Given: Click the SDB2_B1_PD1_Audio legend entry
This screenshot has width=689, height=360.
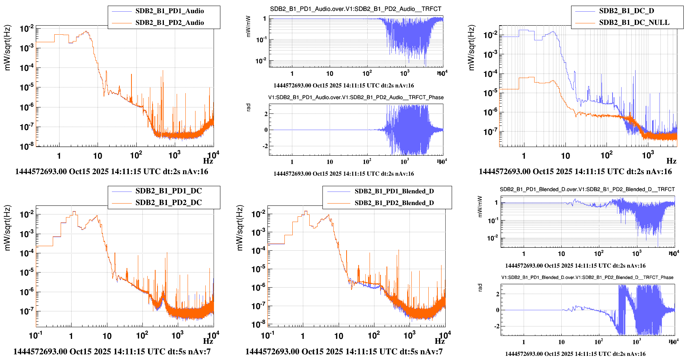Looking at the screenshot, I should [170, 11].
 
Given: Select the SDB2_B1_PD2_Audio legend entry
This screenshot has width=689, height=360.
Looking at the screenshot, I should [170, 23].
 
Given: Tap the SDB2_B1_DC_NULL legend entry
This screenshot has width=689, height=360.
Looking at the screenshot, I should [634, 23].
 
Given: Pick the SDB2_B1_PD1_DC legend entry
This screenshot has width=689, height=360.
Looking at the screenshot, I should [168, 191].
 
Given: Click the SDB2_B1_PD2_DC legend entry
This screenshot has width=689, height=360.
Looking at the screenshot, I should [168, 203].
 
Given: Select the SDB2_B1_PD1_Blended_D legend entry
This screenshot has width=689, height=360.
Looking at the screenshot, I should [394, 191].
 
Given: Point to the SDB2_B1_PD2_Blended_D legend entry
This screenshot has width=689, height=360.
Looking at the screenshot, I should [394, 203].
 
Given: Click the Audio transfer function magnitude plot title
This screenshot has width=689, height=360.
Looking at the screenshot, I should [356, 9].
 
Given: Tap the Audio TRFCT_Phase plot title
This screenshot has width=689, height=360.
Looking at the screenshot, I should [356, 97].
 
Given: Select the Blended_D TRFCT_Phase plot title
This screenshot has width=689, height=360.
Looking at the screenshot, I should [587, 277].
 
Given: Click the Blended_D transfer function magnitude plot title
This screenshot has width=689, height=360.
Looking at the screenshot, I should [587, 189].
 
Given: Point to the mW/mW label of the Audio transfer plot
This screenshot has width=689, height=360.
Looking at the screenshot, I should [248, 26].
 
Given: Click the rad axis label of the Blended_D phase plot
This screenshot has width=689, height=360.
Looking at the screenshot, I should [480, 288].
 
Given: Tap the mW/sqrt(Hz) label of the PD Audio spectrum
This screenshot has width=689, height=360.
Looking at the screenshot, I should [8, 48].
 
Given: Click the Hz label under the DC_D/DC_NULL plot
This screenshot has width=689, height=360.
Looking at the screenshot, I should [671, 161].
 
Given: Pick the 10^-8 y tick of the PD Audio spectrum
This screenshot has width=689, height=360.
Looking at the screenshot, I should [27, 146].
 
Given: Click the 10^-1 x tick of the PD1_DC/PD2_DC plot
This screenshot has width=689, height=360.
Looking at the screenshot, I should [36, 335].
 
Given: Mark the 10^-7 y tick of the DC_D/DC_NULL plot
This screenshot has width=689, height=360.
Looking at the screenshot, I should [490, 132].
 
